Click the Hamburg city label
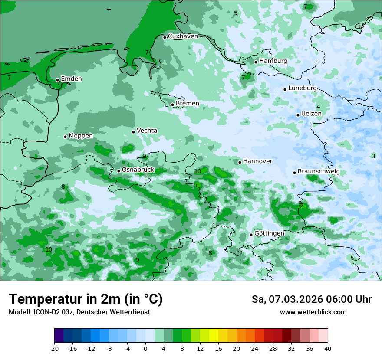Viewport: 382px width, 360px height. point(273,61)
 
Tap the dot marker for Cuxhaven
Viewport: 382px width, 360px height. point(165,37)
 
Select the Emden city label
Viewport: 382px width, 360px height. point(71,79)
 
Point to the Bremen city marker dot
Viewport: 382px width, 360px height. point(172,105)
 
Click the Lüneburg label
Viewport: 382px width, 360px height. point(302,88)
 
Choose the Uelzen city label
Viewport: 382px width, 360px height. point(311,114)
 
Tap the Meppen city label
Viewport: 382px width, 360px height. point(81,136)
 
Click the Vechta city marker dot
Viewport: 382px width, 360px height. point(133,132)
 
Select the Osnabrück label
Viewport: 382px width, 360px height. point(138,170)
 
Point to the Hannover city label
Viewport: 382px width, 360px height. point(257,161)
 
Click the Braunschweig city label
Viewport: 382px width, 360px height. point(318,172)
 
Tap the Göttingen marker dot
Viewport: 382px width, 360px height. point(251,235)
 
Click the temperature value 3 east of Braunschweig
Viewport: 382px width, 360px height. point(373,156)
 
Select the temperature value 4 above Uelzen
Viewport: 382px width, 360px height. point(318,107)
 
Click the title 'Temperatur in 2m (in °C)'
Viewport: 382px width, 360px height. point(86,299)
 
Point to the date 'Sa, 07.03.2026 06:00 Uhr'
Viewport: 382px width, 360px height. point(311,299)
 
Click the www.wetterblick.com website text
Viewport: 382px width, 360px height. point(313,312)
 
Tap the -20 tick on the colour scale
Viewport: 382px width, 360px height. point(54,349)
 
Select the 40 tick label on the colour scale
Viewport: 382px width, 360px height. point(328,349)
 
